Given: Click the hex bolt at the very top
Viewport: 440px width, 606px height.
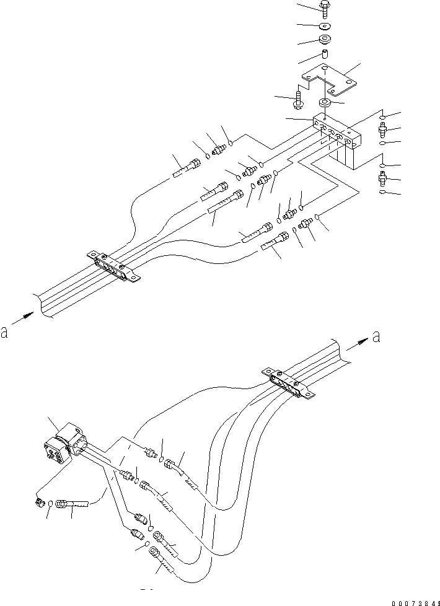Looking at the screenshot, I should (325, 7).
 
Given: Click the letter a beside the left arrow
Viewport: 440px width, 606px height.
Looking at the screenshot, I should (5, 333).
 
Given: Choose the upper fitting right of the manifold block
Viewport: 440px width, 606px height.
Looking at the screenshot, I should (383, 131).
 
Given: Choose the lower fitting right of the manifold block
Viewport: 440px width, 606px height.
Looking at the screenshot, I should (383, 180).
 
